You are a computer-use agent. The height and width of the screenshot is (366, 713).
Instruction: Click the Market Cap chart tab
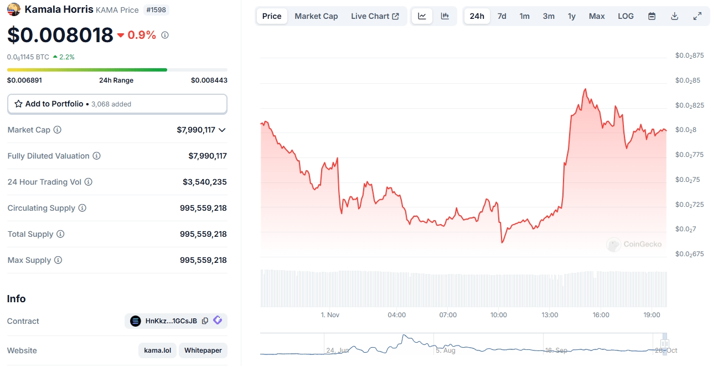pos(316,16)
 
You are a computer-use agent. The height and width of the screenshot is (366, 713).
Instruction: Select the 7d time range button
pos(502,16)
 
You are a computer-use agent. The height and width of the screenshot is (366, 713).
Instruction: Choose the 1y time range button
pos(571,16)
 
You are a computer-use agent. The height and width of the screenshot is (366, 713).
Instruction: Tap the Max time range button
pos(597,16)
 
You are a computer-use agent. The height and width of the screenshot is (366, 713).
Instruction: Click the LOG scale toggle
pos(626,16)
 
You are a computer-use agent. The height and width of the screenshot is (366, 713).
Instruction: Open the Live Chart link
pos(375,16)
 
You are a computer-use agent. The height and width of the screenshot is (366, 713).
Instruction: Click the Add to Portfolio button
pos(117,104)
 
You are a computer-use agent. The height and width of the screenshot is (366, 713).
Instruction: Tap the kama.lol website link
pos(158,350)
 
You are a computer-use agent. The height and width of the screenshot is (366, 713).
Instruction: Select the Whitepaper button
pos(203,350)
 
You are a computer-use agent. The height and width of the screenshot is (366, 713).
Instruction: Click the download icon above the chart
pos(674,16)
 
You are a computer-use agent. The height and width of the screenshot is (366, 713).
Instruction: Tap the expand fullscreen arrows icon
pos(697,16)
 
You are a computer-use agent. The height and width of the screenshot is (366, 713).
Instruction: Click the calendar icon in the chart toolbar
pos(652,16)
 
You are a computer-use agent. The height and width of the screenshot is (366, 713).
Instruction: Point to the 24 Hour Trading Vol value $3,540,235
pos(204,182)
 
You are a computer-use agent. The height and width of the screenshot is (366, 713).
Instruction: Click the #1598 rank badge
pos(156,9)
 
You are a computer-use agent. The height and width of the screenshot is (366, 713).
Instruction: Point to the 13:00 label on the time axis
pos(550,315)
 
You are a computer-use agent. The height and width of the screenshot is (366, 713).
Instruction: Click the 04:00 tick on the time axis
pos(396,315)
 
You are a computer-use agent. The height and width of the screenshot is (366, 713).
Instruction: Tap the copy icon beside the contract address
pos(205,321)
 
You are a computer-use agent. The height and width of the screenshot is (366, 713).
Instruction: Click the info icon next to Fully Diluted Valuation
pos(96,156)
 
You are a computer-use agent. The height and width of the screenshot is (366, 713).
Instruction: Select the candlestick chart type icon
pos(445,16)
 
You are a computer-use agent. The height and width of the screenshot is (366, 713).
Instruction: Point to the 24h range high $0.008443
pos(209,80)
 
